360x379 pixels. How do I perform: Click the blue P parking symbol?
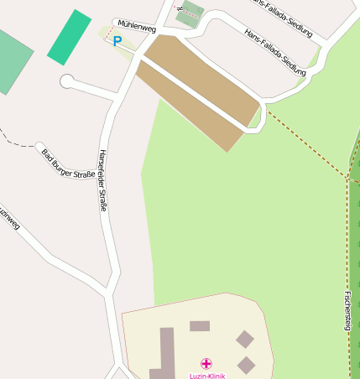point(117,40)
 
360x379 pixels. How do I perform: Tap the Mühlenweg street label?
point(137,27)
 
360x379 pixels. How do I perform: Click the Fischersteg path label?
point(347,310)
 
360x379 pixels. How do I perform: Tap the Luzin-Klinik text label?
point(206,374)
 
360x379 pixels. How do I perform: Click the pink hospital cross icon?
point(206,364)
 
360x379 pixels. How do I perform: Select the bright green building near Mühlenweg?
point(69,37)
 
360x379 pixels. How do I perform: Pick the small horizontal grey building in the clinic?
point(200,326)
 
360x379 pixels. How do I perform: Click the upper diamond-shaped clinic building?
point(244,339)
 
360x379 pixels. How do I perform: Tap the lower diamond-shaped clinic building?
point(246,365)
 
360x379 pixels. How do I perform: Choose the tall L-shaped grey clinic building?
point(165,352)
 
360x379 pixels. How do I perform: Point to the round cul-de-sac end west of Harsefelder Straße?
point(67,81)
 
